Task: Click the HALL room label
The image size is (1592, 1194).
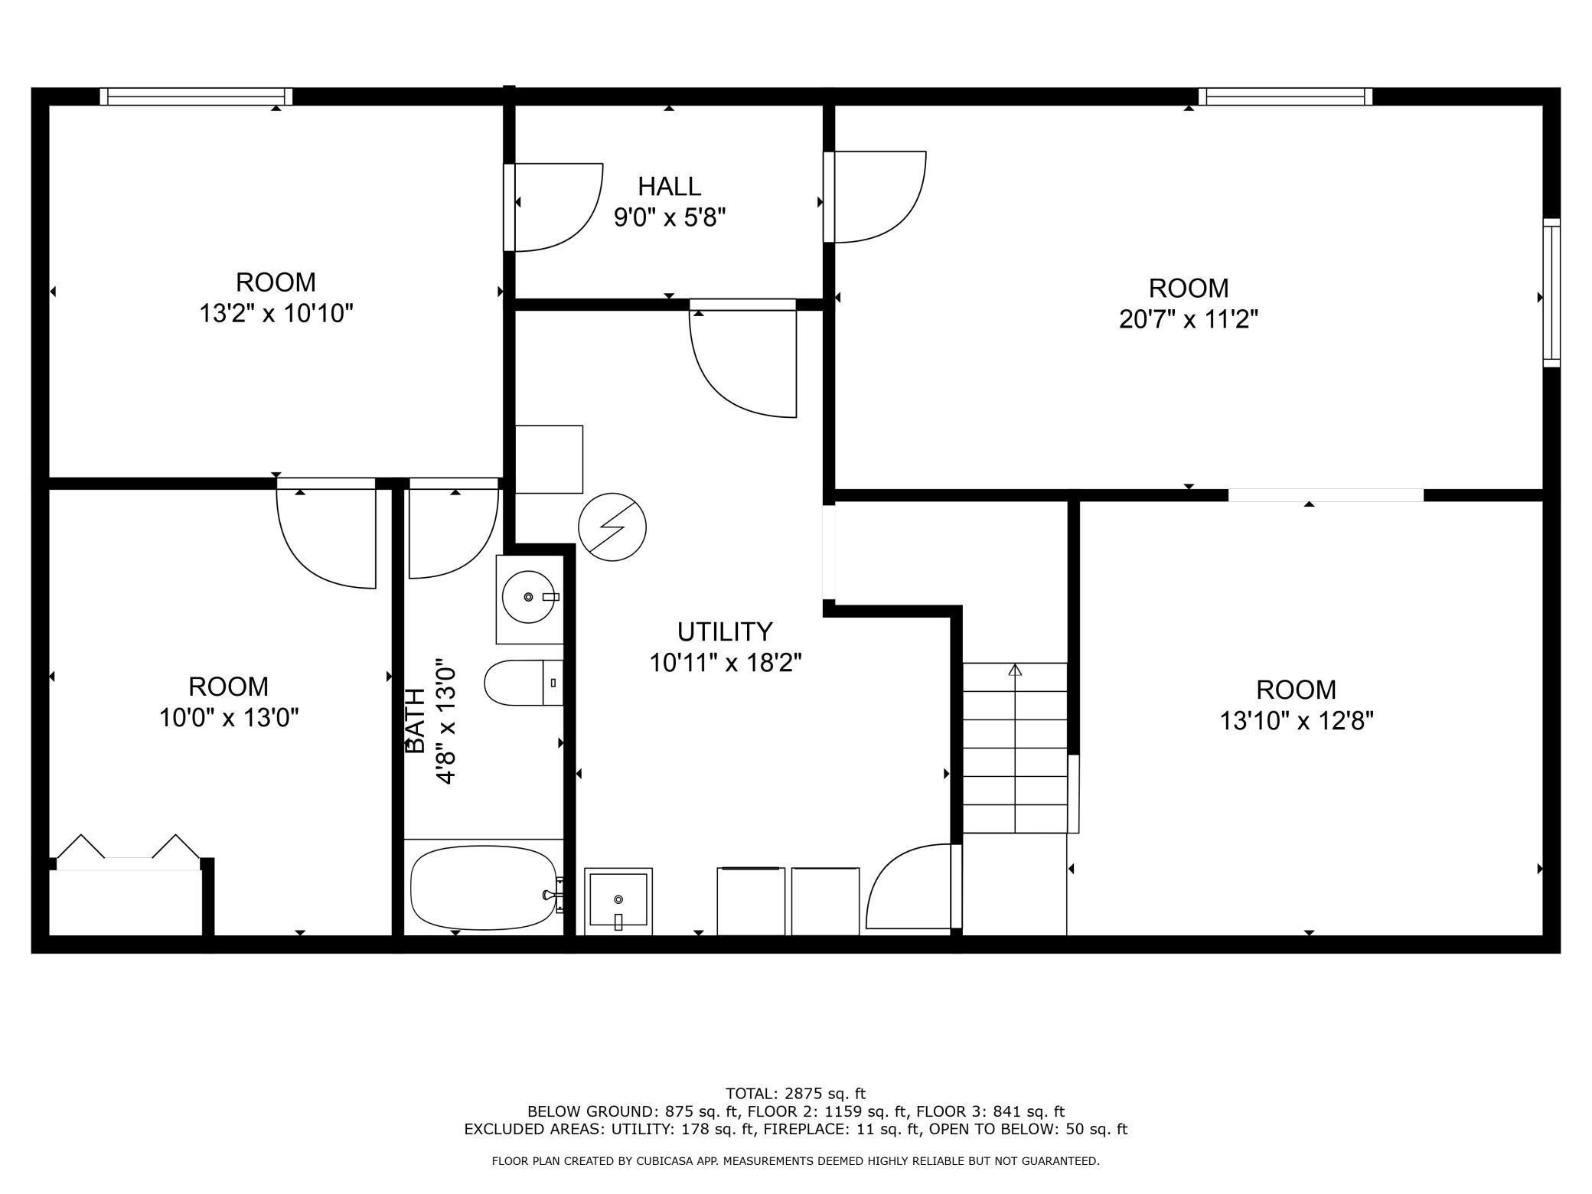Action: coord(669,186)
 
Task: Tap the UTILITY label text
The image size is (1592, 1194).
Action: coord(725,631)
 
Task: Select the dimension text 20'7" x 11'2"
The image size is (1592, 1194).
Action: coord(1189,318)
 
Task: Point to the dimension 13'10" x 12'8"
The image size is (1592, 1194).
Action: coord(1297,721)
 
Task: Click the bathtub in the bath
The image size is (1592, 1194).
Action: coord(484,887)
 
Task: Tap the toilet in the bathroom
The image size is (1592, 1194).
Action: coord(524,683)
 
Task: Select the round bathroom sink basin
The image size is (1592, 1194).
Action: coord(528,597)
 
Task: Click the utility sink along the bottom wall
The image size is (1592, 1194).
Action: coord(618,901)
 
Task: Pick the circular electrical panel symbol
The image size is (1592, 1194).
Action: coord(612,527)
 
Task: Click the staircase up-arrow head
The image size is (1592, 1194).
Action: coord(1015,670)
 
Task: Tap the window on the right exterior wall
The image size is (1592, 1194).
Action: coord(1551,292)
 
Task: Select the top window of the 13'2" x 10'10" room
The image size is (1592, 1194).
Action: coord(197,96)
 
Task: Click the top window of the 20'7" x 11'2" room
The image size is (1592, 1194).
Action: coord(1285,96)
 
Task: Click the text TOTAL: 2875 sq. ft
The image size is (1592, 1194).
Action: coord(795,1094)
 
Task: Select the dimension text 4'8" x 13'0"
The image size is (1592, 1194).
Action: coord(445,721)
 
